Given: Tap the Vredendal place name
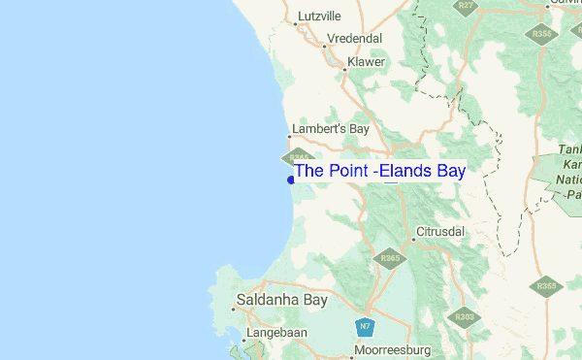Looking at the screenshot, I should tap(355, 39).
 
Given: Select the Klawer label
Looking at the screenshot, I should tap(366, 62).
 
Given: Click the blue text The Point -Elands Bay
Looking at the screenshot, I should tap(379, 172).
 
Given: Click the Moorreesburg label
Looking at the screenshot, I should tap(391, 348).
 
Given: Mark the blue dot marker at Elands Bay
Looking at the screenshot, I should tap(291, 179).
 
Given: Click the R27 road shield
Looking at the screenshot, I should tap(467, 5).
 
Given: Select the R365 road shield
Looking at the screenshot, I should tap(391, 259).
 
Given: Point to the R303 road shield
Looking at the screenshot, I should tap(465, 316).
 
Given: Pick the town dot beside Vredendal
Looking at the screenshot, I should tap(323, 45).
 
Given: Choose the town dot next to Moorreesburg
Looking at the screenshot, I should tap(350, 348).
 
